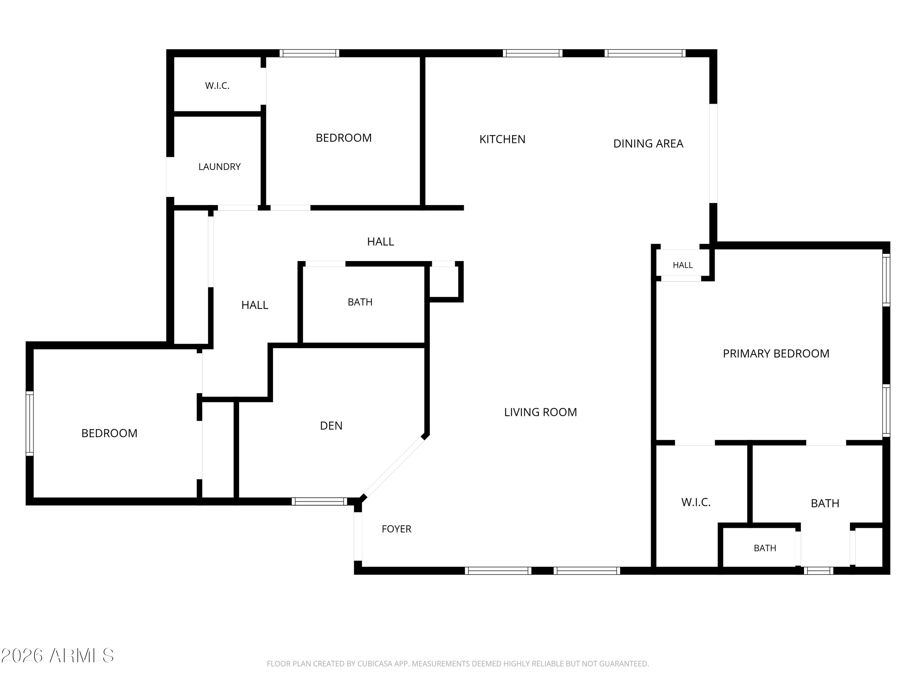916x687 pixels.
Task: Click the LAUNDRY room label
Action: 220,166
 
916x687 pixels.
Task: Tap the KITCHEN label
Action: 502,139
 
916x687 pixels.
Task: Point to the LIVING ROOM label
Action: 540,412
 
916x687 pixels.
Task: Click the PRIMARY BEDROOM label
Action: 776,353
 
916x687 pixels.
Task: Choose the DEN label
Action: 331,426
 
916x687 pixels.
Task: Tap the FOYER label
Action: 396,529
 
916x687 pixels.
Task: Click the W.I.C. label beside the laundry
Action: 217,86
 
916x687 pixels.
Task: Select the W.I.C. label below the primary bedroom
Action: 696,502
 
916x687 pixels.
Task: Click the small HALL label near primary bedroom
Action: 683,265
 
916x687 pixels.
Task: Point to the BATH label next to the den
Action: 360,302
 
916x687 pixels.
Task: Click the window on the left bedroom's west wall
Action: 29,423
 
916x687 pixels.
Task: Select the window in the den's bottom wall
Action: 319,501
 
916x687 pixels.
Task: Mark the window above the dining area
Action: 645,53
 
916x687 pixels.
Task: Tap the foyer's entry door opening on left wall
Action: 358,537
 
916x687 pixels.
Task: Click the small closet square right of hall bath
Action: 444,282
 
